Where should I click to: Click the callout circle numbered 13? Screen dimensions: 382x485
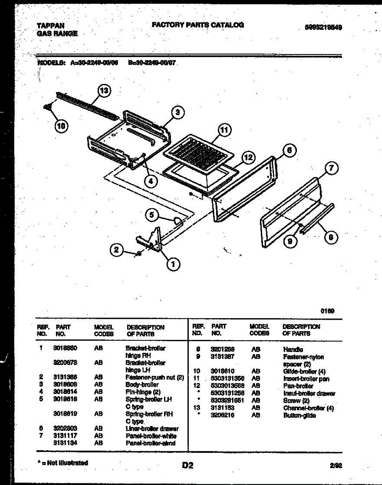click(105, 91)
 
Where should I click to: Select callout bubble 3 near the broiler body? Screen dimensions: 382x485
click(177, 112)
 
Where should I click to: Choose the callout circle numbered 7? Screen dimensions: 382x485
click(331, 168)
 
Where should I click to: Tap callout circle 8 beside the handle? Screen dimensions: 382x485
click(331, 237)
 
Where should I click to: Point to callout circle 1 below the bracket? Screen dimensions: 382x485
click(173, 264)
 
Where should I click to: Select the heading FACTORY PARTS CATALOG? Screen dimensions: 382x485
click(198, 25)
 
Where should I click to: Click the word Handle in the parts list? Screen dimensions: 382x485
click(292, 349)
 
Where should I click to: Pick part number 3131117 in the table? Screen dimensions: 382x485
click(65, 436)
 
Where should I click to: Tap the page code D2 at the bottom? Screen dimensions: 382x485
click(188, 466)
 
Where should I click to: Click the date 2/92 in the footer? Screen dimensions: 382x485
click(336, 466)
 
